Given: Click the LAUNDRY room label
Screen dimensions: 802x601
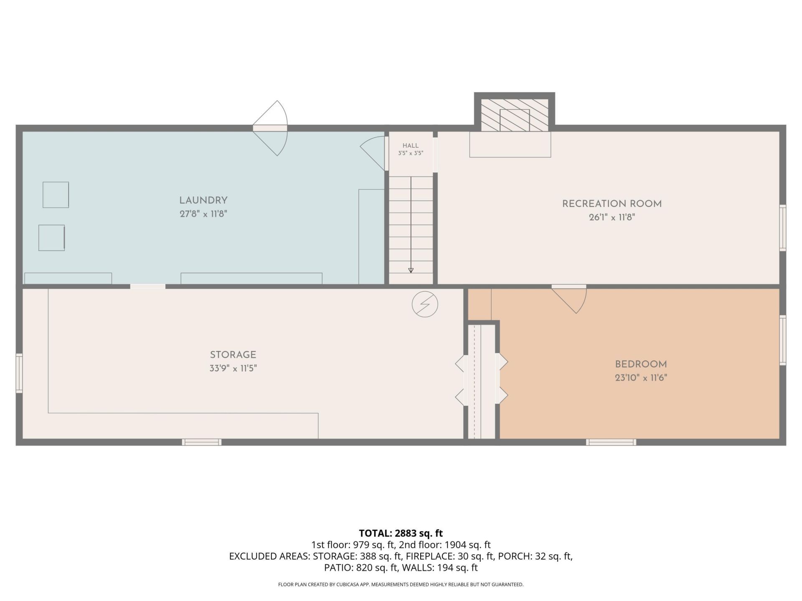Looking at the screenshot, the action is tap(203, 200).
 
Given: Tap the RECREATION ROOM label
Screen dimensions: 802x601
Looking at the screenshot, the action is tap(612, 204).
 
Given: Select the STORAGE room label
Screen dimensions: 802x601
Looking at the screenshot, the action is tap(233, 355).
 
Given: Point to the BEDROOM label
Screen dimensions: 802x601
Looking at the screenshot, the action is tap(641, 364).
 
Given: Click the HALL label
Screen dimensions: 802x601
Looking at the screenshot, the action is tap(411, 146).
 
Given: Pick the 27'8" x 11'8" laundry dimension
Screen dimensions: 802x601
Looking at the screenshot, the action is tap(203, 214).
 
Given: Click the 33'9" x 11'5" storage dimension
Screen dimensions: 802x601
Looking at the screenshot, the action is tap(233, 369).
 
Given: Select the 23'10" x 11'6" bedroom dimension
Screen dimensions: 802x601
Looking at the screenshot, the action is tap(641, 378).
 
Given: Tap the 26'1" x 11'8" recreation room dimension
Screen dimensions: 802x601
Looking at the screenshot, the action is tap(612, 217).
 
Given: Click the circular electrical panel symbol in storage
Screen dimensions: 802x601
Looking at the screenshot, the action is tap(425, 304).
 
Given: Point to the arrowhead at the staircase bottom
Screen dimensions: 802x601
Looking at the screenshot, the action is tap(411, 270).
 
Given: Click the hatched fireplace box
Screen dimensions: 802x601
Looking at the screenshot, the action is tap(515, 115).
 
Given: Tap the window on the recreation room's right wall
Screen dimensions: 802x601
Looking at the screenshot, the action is tap(783, 228).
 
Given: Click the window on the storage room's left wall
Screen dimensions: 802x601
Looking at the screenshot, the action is tap(19, 373).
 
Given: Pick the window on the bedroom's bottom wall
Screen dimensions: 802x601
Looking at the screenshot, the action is tap(611, 442).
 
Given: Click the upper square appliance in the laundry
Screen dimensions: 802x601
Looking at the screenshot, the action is tap(56, 195).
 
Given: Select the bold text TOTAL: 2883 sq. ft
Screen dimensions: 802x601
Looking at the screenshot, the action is tap(401, 533).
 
